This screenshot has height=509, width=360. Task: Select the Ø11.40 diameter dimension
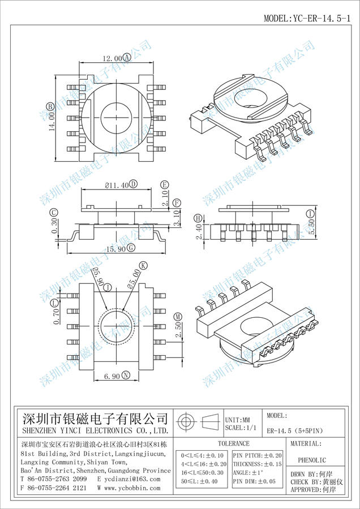coord(117,184)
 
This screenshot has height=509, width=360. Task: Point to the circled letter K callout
coord(143,266)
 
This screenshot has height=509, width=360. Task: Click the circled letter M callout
coord(178,316)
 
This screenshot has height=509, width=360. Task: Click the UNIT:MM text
coord(238,420)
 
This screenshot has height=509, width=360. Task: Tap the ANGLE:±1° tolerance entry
coord(248,472)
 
